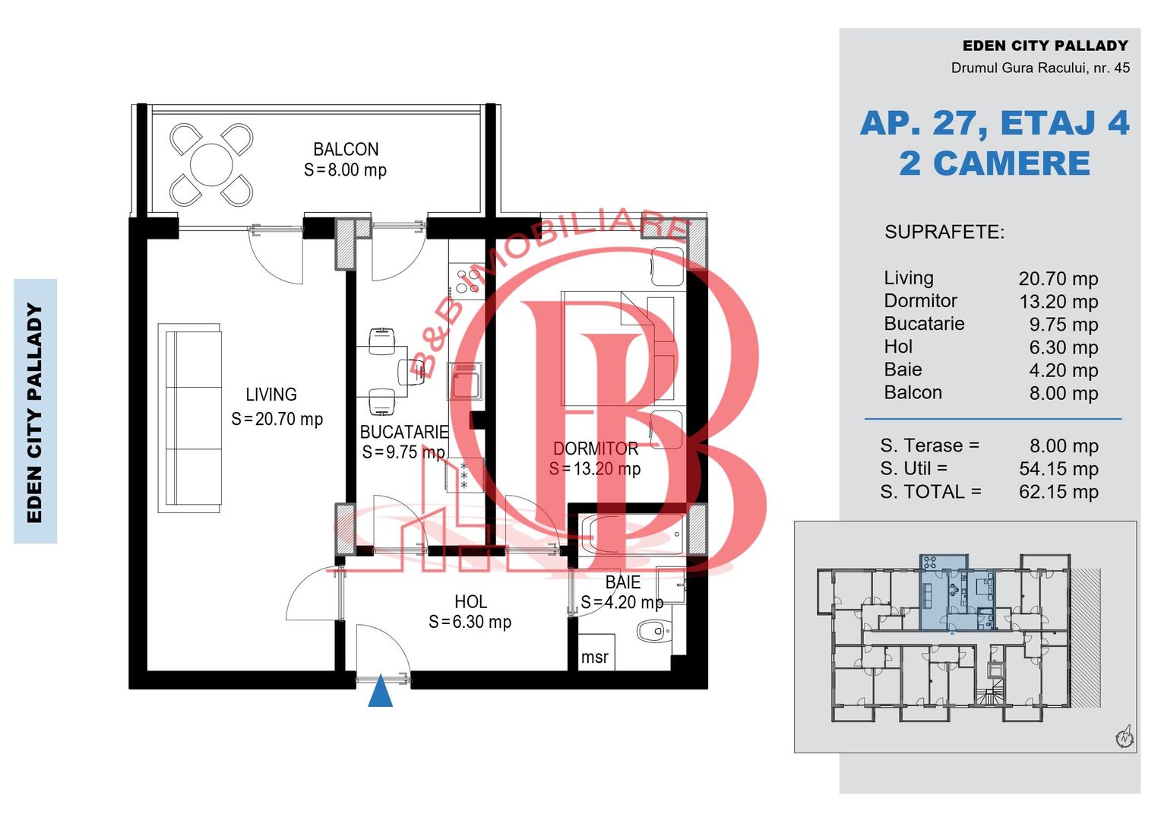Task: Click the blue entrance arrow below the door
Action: click(x=381, y=691)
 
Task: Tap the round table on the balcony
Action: click(x=211, y=164)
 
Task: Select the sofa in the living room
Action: click(x=190, y=418)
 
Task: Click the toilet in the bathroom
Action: click(x=653, y=632)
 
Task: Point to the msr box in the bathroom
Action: click(x=596, y=652)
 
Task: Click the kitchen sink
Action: click(x=466, y=381)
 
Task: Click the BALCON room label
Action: click(x=346, y=149)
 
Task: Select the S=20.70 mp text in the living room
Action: click(x=277, y=419)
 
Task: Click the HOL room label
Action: click(x=470, y=601)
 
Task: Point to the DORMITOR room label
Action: click(x=596, y=449)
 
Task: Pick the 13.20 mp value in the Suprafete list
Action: click(x=1058, y=301)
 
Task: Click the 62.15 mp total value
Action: click(x=1058, y=492)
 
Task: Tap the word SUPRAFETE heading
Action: click(x=944, y=232)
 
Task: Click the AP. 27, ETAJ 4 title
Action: click(x=994, y=123)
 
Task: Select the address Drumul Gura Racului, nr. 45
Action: click(x=1040, y=68)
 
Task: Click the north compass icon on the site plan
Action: click(x=1125, y=737)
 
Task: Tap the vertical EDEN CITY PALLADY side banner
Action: click(x=35, y=412)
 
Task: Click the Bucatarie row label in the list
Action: click(x=924, y=324)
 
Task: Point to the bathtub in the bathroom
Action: click(x=632, y=534)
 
